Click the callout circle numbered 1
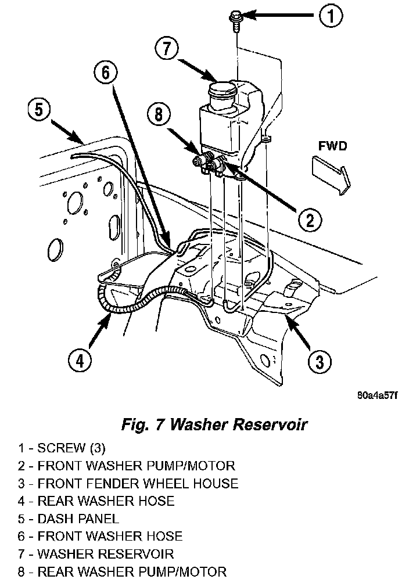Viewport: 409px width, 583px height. [331, 16]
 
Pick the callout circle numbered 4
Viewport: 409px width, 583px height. [80, 361]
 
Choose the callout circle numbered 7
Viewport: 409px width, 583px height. [167, 49]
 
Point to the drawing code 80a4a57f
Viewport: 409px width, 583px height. [377, 395]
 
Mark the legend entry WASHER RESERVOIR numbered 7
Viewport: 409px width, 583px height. [96, 554]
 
